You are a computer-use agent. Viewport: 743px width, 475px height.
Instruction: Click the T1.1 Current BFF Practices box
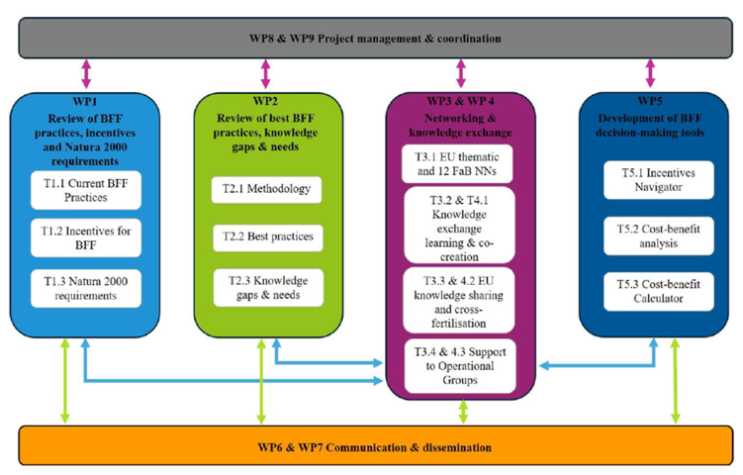click(86, 190)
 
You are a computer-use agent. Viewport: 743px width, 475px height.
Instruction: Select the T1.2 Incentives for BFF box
click(86, 237)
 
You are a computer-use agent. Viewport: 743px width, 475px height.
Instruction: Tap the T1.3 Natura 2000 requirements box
click(86, 288)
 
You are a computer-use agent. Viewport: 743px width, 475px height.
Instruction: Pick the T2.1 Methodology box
click(266, 190)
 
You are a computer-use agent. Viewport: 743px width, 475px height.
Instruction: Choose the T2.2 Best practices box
click(268, 237)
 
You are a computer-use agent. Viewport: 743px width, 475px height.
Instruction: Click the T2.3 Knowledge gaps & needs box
click(268, 288)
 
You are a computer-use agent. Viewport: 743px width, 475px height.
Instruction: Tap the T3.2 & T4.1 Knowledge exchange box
click(459, 226)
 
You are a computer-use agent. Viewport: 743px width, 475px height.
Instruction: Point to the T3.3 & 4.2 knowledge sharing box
click(459, 301)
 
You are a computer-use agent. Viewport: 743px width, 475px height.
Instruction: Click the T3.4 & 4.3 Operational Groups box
click(460, 366)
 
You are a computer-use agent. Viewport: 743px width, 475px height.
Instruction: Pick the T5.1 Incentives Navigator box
click(659, 180)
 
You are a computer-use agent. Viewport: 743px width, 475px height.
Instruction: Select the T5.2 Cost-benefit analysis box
click(659, 237)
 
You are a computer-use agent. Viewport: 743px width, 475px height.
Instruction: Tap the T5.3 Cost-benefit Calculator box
click(659, 292)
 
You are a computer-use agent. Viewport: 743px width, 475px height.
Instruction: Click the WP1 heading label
click(85, 102)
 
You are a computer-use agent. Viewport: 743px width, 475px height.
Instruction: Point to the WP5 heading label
click(650, 101)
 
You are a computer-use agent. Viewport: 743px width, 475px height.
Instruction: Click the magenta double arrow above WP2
click(265, 73)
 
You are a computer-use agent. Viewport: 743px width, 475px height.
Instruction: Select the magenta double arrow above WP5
click(651, 73)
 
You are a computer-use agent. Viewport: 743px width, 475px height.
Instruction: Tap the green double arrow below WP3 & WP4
click(463, 412)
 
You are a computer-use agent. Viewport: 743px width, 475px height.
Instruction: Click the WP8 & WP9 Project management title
click(375, 39)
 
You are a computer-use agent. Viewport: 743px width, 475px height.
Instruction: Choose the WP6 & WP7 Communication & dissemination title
click(375, 447)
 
